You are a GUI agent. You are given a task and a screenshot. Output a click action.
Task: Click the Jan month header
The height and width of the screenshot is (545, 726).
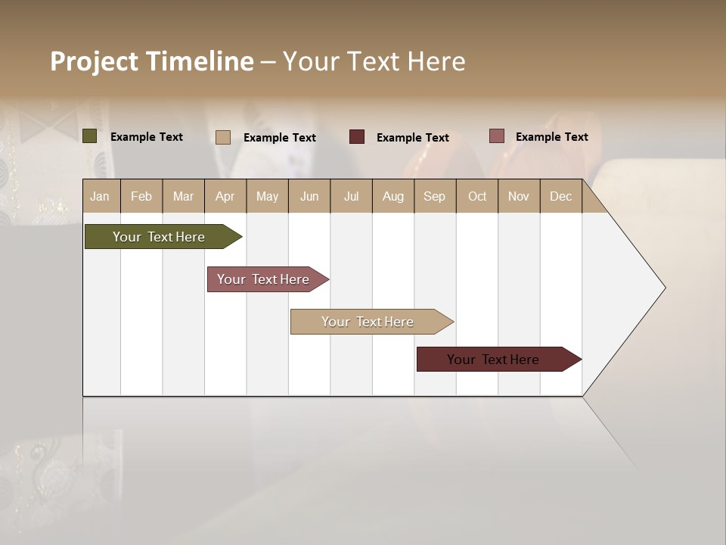tap(101, 196)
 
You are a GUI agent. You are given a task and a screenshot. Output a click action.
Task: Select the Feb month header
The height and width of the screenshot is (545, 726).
tap(141, 196)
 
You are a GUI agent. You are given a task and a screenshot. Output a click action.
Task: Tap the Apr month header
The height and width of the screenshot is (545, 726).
tap(225, 196)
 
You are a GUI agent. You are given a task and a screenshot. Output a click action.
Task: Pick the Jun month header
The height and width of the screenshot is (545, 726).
tap(309, 196)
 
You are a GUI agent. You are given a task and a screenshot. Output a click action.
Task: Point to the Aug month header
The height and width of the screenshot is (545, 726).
tap(393, 196)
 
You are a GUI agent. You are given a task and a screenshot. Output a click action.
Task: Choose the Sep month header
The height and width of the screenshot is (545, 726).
tap(435, 196)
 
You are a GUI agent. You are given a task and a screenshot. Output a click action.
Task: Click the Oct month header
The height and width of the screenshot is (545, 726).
tap(477, 196)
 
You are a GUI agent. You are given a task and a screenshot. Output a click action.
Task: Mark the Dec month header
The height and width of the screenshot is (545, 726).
tap(561, 196)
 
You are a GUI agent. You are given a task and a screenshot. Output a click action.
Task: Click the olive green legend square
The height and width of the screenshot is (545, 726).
tap(90, 136)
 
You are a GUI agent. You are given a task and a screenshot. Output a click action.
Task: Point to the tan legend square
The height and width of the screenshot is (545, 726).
tap(223, 137)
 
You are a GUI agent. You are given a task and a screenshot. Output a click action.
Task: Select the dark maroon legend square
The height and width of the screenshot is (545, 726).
tap(357, 137)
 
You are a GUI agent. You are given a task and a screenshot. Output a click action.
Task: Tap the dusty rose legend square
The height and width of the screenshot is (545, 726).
tap(497, 136)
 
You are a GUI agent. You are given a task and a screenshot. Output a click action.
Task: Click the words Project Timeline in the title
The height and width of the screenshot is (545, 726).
tap(152, 61)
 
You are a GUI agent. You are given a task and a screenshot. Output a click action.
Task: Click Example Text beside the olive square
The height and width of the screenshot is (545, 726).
tap(147, 137)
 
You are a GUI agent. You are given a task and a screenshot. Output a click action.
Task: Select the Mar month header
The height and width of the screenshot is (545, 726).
tap(183, 196)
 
